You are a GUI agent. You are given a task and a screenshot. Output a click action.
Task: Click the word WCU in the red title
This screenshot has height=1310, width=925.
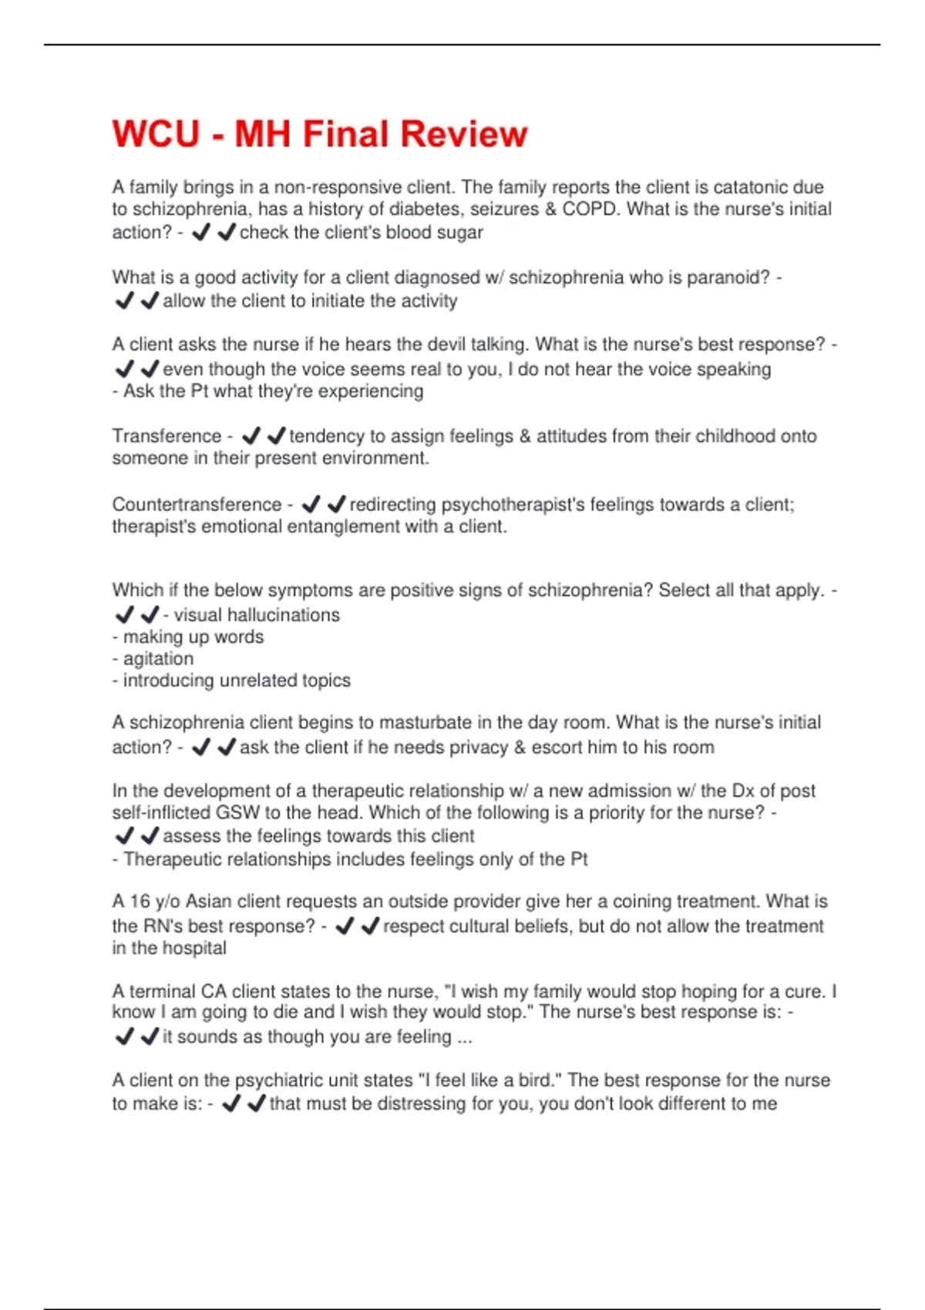point(156,134)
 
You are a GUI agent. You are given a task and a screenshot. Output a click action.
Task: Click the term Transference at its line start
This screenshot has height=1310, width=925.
point(166,436)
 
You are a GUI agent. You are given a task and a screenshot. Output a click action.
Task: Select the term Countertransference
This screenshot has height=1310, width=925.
point(197,505)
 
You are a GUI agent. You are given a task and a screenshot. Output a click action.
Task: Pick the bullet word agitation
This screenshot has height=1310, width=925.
point(158,659)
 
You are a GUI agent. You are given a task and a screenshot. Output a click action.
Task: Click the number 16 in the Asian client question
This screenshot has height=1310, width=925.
point(140,902)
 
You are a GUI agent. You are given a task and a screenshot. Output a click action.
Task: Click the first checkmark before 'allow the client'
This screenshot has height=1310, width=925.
point(124,301)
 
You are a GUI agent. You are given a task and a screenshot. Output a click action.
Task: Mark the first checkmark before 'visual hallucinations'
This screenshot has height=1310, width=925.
point(124,615)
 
